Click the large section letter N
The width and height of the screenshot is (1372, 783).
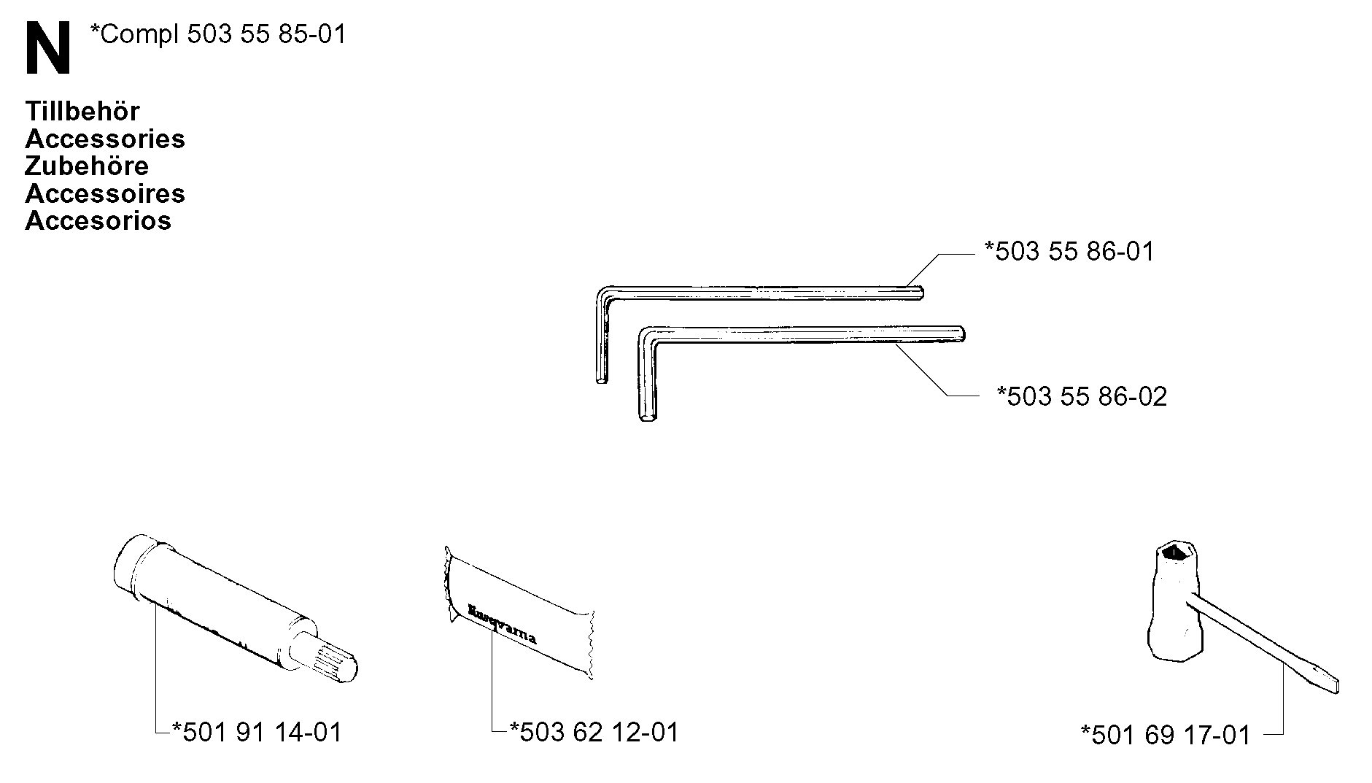[48, 47]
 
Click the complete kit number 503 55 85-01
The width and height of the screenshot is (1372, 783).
[217, 34]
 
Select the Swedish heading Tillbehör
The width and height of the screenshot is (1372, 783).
[82, 111]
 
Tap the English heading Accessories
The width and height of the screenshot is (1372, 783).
[105, 139]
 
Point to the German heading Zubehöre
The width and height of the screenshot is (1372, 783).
[87, 166]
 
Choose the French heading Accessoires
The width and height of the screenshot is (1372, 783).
[105, 193]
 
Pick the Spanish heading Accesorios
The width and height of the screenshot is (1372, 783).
[98, 220]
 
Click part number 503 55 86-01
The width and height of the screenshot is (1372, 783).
[1069, 252]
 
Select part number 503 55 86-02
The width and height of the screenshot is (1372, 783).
[1082, 396]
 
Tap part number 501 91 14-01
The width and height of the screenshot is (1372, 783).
[256, 732]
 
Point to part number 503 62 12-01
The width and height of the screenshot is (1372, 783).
[594, 732]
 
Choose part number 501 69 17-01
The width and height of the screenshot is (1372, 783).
[1166, 735]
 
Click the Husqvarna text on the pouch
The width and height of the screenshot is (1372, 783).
[502, 623]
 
